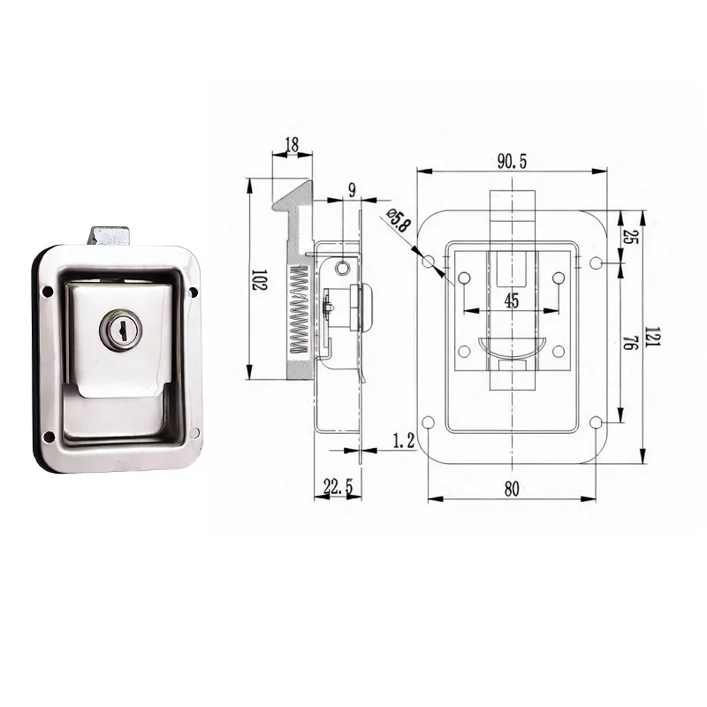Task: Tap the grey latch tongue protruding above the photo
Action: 109,236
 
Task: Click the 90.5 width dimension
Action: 512,161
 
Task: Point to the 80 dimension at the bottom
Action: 512,490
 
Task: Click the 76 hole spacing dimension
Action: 628,342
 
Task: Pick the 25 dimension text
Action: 628,237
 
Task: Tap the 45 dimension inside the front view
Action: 512,300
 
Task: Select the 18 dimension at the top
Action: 292,145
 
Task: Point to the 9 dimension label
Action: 351,190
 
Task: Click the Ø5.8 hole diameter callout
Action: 399,222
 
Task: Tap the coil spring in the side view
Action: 299,310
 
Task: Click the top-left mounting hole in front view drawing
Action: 429,262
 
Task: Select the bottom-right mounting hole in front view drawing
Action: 596,422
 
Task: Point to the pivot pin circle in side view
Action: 343,267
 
